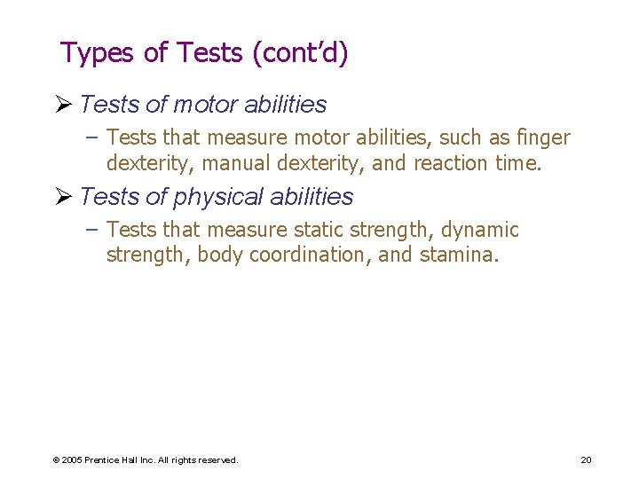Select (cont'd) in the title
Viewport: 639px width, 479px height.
[301, 53]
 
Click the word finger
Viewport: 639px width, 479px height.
[541, 137]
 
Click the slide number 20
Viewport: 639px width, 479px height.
[586, 459]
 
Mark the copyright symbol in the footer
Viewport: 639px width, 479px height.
[56, 459]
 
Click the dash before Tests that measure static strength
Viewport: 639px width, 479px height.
[93, 230]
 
